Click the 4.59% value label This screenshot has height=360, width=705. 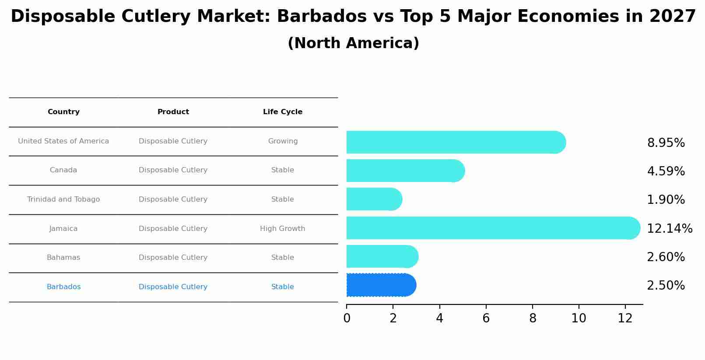(x=666, y=171)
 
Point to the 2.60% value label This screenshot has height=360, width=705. (x=666, y=257)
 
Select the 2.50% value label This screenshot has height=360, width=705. (x=666, y=286)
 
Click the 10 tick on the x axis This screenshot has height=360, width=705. (x=579, y=318)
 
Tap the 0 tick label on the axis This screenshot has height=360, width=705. (x=347, y=318)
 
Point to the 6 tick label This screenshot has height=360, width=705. (x=486, y=318)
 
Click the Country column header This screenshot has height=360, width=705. (x=63, y=112)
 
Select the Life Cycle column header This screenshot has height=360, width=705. (x=283, y=112)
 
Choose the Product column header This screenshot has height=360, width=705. (x=173, y=112)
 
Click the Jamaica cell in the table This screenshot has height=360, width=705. (x=63, y=229)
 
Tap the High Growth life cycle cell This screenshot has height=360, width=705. (x=283, y=229)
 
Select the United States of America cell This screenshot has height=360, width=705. (x=63, y=141)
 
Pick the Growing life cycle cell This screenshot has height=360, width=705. (x=283, y=141)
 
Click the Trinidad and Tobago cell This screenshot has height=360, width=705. (x=63, y=199)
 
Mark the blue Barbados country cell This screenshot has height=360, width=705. (x=63, y=287)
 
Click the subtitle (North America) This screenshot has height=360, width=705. (x=353, y=43)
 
